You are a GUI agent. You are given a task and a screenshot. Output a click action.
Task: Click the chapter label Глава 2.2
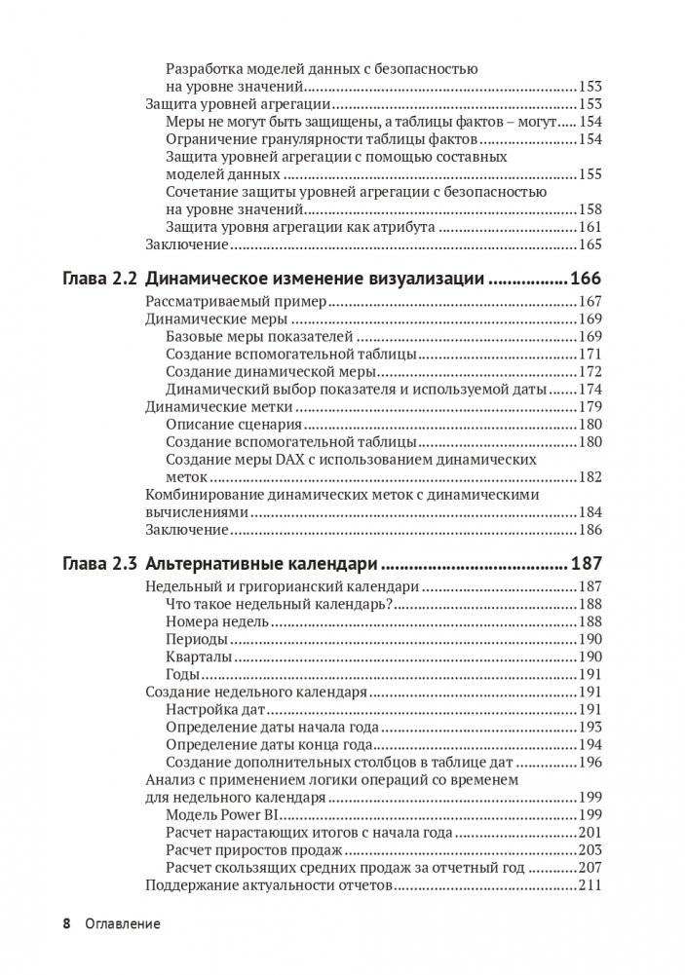point(99,279)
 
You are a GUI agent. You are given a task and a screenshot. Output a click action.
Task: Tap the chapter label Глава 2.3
point(99,563)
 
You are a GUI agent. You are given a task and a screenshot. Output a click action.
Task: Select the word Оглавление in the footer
point(122,922)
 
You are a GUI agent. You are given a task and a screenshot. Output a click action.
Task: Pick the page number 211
point(590,885)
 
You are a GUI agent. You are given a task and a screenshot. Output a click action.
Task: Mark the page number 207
point(590,868)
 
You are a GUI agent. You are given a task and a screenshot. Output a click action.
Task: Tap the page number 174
point(590,389)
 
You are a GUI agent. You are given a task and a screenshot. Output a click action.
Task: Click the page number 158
point(590,209)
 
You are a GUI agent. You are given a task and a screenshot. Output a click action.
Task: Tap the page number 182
point(590,476)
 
